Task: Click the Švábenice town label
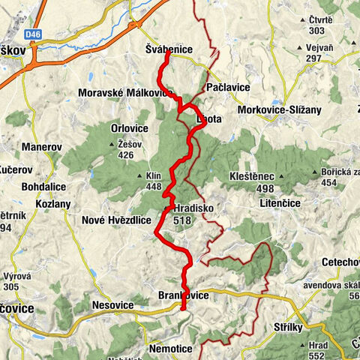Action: coord(169,49)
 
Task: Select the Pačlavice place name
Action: coord(227,87)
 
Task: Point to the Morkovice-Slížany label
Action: coord(279,109)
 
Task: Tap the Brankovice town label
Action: coord(184,295)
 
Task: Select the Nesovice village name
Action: coord(112,305)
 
